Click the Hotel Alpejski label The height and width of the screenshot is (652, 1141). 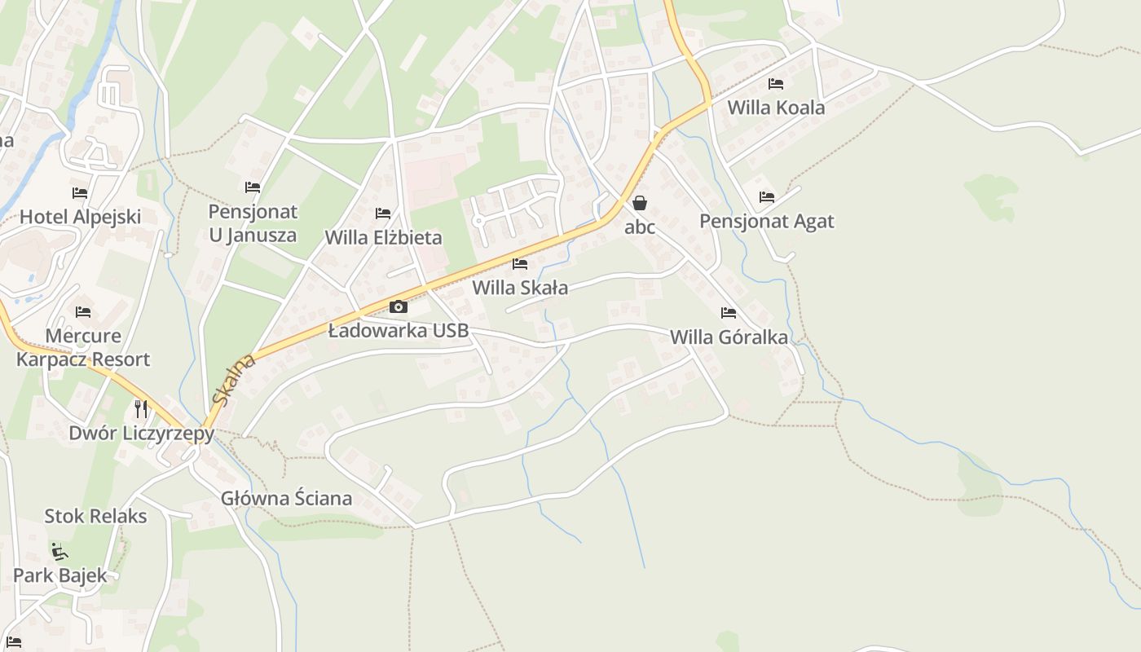[x=80, y=217]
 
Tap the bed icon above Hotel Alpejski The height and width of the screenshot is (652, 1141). [x=80, y=193]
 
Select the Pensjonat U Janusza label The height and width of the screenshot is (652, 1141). [x=253, y=224]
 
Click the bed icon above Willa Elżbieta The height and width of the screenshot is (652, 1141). [x=383, y=214]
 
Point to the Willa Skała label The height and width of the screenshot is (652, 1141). [x=520, y=288]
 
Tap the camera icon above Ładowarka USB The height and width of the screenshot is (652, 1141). [x=398, y=307]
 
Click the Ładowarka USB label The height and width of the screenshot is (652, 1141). [x=399, y=330]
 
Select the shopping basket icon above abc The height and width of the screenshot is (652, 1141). [x=640, y=203]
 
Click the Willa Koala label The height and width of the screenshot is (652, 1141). [x=776, y=108]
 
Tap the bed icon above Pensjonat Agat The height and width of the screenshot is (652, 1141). [x=767, y=197]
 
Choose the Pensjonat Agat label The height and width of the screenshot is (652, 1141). [x=767, y=222]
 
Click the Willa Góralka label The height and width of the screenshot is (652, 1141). [x=729, y=337]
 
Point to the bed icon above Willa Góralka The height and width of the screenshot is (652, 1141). [x=729, y=313]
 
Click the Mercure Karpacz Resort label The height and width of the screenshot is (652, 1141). [x=83, y=348]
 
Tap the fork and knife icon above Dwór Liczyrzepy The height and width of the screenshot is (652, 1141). [x=142, y=408]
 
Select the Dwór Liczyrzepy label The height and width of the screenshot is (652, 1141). [x=141, y=433]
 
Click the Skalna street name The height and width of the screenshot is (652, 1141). [x=233, y=380]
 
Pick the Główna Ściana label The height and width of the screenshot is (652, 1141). [x=287, y=499]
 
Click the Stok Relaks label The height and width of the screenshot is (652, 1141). [x=95, y=517]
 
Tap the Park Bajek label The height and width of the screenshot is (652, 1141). [x=59, y=575]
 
